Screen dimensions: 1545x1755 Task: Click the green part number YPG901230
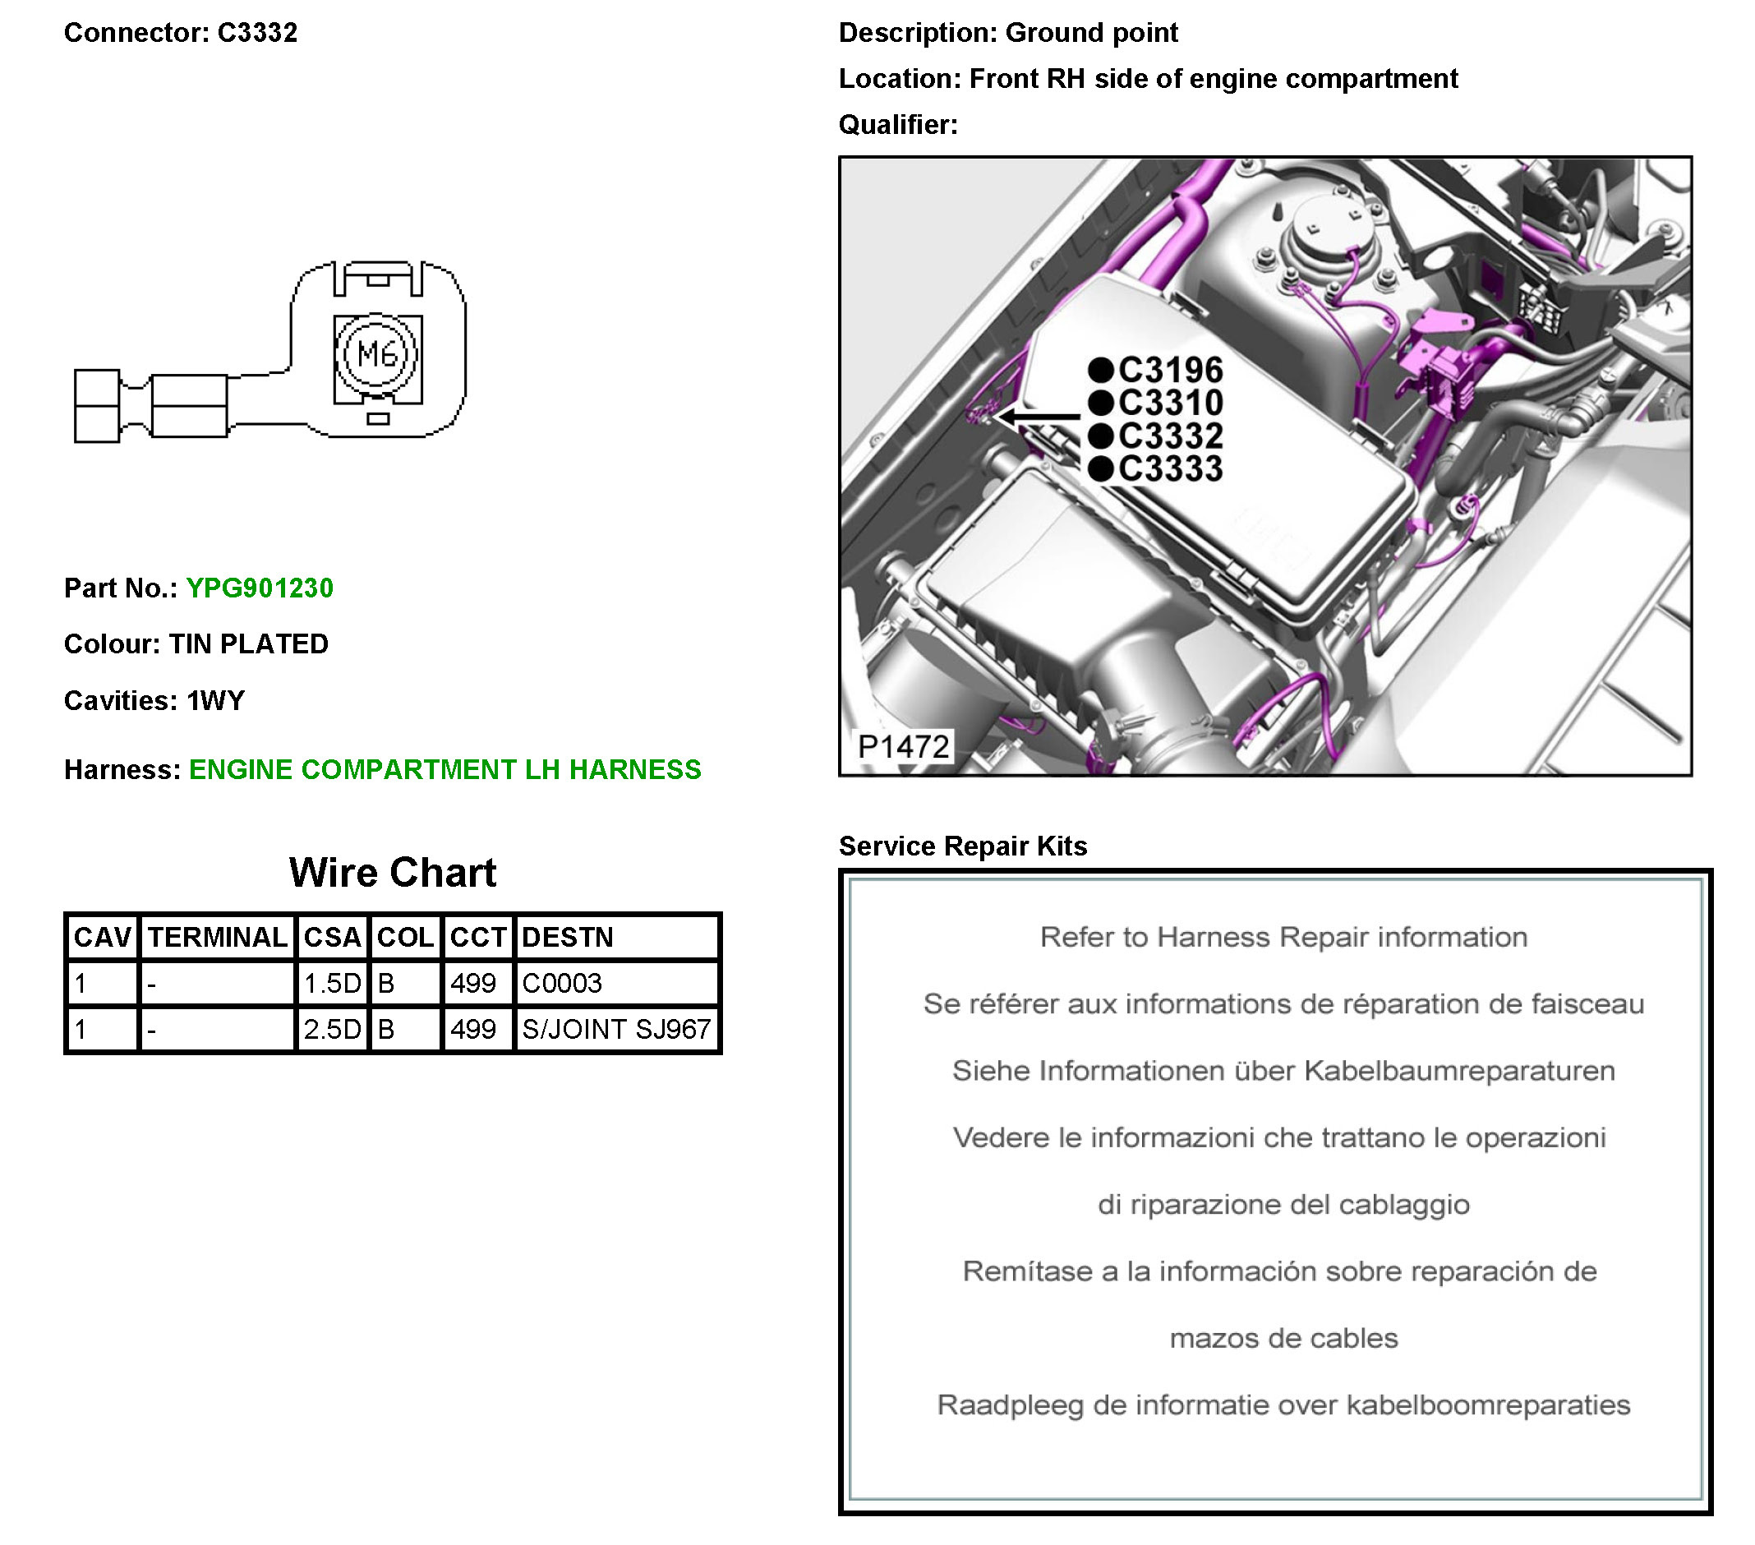point(260,588)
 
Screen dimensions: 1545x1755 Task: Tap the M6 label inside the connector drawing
point(378,353)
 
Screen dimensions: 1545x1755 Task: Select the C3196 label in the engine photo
point(1170,370)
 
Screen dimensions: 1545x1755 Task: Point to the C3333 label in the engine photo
point(1170,469)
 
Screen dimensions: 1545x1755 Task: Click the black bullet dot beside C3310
point(1101,403)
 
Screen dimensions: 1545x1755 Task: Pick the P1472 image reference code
point(903,746)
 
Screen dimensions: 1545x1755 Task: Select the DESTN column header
point(568,937)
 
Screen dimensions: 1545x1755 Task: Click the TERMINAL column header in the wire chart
point(217,937)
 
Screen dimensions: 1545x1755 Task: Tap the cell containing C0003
point(562,984)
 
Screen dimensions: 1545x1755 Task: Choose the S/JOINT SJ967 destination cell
point(615,1029)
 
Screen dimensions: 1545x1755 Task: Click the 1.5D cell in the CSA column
point(332,984)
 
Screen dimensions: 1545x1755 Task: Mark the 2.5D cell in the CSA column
point(332,1029)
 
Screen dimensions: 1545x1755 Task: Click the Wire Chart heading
point(393,873)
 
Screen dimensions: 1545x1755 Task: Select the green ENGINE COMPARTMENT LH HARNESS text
point(445,769)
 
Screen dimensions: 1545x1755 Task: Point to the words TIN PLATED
point(248,644)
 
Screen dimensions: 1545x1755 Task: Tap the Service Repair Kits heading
point(962,846)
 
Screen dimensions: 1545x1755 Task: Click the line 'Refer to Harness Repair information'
point(1283,937)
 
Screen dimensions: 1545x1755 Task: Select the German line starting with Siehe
point(1283,1071)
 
